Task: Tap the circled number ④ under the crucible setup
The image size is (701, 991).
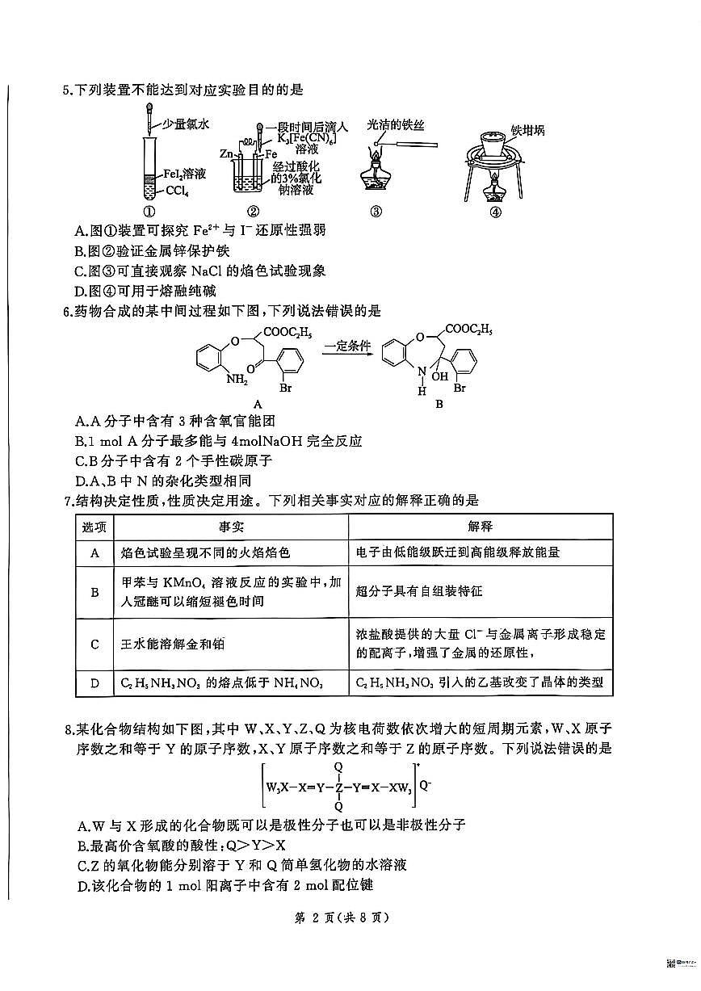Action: pos(495,212)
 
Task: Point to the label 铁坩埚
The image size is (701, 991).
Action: pos(527,130)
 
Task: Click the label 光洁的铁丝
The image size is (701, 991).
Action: pos(395,124)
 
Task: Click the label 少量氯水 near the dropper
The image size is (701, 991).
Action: pos(186,124)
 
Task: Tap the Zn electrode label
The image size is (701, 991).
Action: pos(226,153)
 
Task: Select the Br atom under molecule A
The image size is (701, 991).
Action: pos(283,388)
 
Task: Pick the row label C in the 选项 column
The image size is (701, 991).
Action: pos(94,644)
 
